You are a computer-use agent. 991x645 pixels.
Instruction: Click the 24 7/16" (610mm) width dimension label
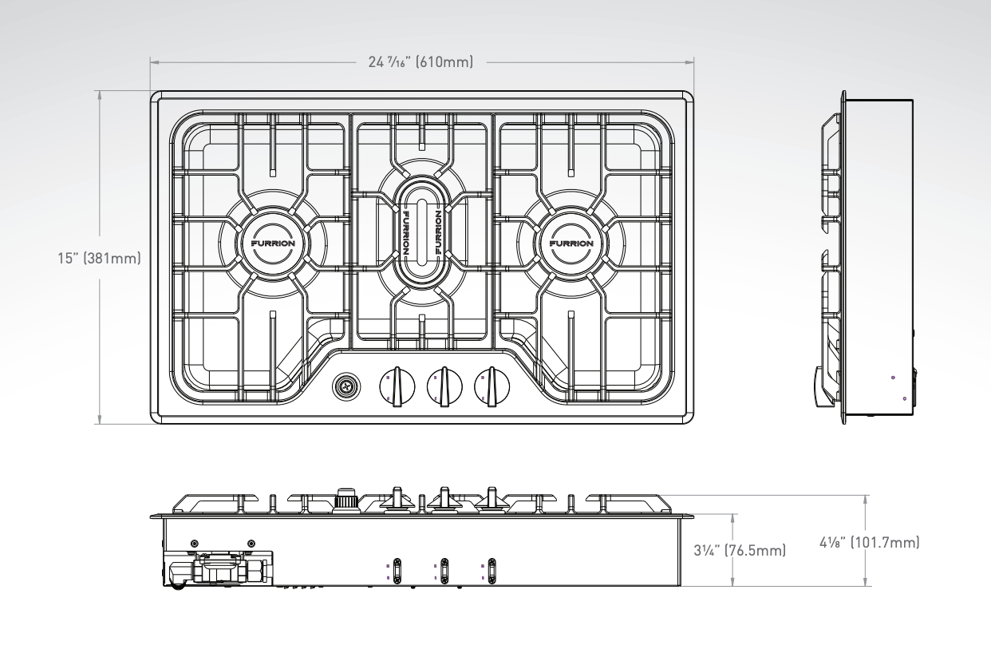421,61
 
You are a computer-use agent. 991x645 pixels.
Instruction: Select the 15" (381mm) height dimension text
101,259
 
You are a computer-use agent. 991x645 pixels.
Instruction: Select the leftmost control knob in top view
394,387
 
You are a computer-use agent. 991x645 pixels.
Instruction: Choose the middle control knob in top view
443,387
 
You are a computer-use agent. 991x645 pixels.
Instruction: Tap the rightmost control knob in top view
492,387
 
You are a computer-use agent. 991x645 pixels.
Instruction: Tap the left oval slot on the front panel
397,568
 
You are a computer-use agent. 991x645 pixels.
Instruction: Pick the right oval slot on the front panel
492,568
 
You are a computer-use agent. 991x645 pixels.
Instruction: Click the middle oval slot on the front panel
444,568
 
